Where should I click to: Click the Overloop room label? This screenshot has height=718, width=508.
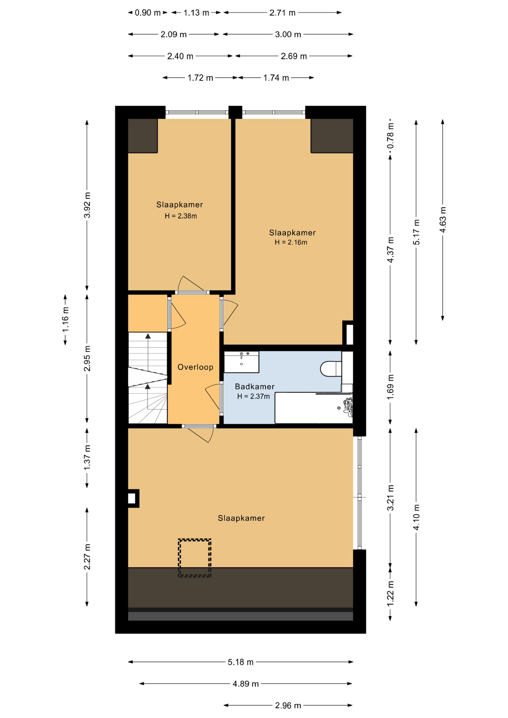click(x=195, y=367)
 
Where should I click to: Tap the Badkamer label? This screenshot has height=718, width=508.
click(x=254, y=387)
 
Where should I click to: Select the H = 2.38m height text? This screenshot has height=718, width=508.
click(x=181, y=216)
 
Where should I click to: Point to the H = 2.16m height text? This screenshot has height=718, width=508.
click(x=291, y=242)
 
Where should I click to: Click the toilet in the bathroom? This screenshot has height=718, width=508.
click(x=331, y=369)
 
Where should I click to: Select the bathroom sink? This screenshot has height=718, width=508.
click(x=241, y=362)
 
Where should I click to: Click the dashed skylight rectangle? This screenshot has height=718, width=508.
click(x=195, y=558)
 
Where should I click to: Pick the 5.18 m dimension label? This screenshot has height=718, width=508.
click(x=241, y=662)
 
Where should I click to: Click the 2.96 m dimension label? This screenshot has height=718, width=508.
click(x=288, y=706)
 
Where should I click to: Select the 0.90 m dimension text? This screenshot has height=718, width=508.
click(x=148, y=13)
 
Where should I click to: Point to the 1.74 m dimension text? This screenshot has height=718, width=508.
click(x=276, y=78)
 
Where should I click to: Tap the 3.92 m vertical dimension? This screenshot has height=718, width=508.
click(x=87, y=205)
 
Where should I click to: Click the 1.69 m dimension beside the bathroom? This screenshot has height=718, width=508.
click(x=390, y=387)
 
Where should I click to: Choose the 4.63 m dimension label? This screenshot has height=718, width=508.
click(x=443, y=220)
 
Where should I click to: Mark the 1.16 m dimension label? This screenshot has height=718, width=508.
click(x=65, y=319)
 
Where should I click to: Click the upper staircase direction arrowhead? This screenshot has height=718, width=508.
click(x=148, y=336)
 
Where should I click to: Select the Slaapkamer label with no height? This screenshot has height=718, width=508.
click(x=241, y=518)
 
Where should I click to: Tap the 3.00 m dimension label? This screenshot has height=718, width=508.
click(x=288, y=34)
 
